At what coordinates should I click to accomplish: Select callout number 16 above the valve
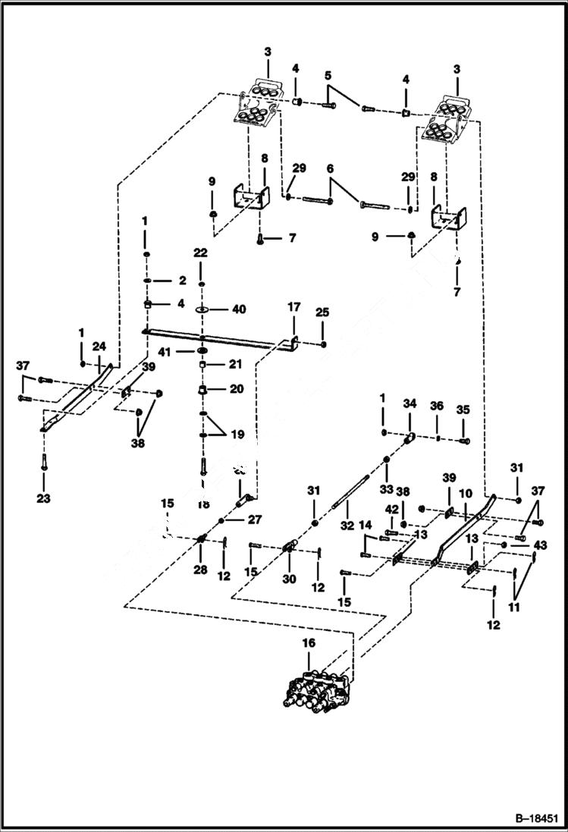pyautogui.click(x=308, y=643)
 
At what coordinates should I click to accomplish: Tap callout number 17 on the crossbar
pyautogui.click(x=293, y=308)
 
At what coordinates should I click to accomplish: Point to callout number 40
pyautogui.click(x=240, y=309)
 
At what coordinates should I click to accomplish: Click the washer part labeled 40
pyautogui.click(x=202, y=310)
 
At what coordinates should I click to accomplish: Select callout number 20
pyautogui.click(x=237, y=389)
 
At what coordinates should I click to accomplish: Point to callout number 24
pyautogui.click(x=99, y=347)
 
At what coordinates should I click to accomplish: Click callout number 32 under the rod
pyautogui.click(x=348, y=524)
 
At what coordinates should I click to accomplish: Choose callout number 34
pyautogui.click(x=410, y=404)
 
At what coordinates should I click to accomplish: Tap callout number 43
pyautogui.click(x=540, y=545)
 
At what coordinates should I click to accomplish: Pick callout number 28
pyautogui.click(x=200, y=570)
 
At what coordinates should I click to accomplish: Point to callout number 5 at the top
pyautogui.click(x=328, y=76)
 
